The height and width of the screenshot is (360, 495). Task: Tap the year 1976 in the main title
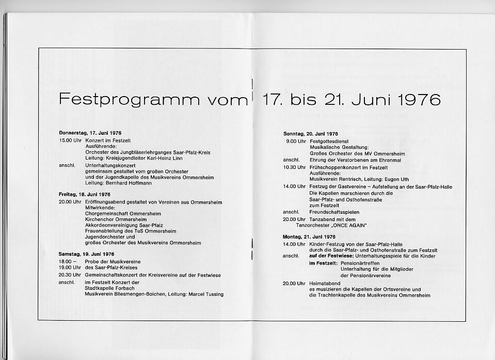pyautogui.click(x=416, y=99)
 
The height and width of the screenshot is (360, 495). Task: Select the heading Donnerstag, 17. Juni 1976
pyautogui.click(x=90, y=133)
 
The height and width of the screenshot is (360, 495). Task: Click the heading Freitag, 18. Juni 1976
pyautogui.click(x=85, y=195)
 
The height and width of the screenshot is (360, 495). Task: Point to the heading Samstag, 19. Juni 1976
pyautogui.click(x=87, y=254)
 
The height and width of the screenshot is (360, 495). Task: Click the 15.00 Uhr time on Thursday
pyautogui.click(x=70, y=140)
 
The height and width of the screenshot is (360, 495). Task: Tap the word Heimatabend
pyautogui.click(x=327, y=283)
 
